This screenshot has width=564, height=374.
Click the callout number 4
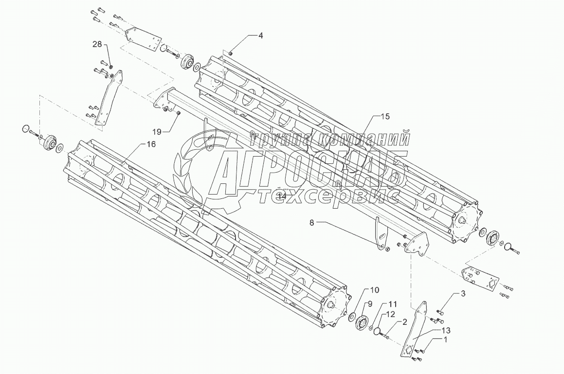(260, 36)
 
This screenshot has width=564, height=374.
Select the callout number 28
(97, 45)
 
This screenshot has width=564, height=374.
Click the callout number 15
(385, 117)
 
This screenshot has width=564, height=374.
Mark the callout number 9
(369, 304)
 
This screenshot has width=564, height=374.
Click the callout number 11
(393, 303)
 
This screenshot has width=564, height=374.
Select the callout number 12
(391, 314)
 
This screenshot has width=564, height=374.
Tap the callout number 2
(404, 321)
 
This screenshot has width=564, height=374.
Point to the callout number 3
(463, 294)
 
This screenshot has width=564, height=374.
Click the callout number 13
(445, 331)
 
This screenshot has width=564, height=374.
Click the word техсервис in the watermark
(340, 196)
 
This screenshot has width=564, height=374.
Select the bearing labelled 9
(361, 322)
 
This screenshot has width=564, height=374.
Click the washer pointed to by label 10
(352, 318)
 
